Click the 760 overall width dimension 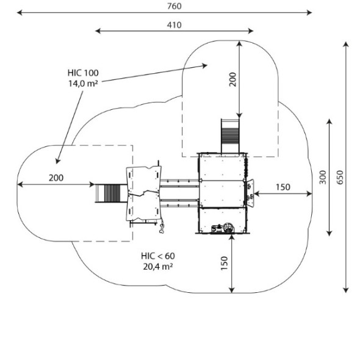pyautogui.click(x=175, y=6)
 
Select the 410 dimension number pyautogui.click(x=175, y=25)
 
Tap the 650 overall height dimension pyautogui.click(x=340, y=177)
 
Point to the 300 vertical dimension pyautogui.click(x=323, y=177)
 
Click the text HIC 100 pyautogui.click(x=83, y=73)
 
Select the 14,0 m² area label pyautogui.click(x=83, y=84)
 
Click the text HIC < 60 pyautogui.click(x=158, y=256)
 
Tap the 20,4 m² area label pyautogui.click(x=158, y=267)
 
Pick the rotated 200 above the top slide pyautogui.click(x=232, y=79)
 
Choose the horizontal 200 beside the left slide pyautogui.click(x=56, y=178)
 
